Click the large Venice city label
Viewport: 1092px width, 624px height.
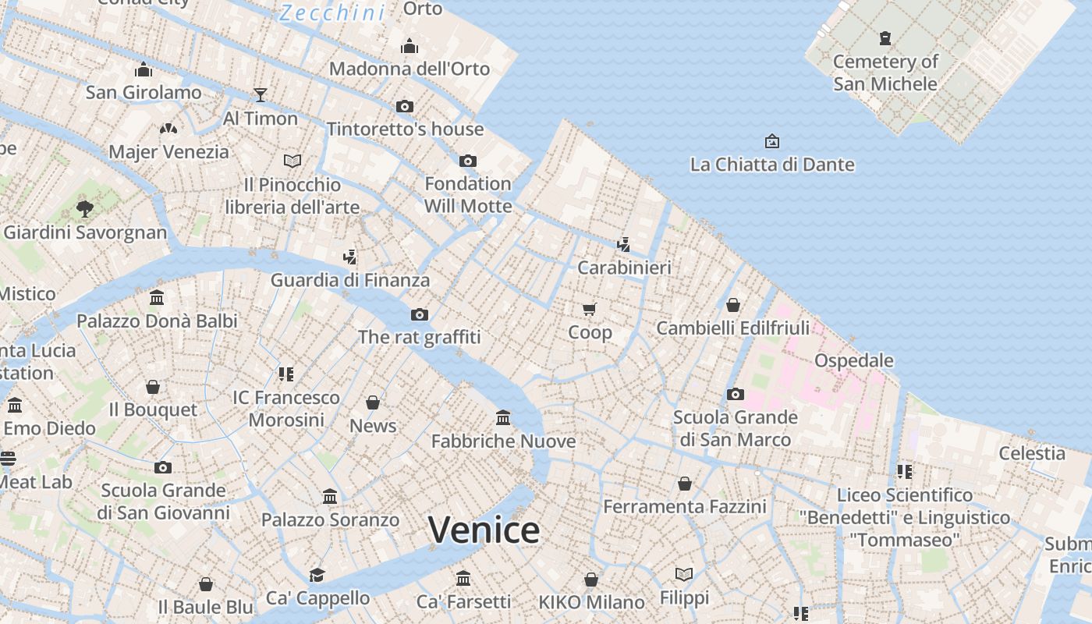(484, 530)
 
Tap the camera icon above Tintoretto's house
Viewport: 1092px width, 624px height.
(404, 106)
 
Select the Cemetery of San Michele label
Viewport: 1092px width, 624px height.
(885, 73)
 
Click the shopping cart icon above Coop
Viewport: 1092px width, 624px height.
(590, 309)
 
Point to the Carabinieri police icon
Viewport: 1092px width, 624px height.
(623, 244)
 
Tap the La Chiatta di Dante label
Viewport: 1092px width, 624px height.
(772, 165)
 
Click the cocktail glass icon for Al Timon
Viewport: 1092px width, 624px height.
(261, 95)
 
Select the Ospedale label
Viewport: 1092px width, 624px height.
(854, 360)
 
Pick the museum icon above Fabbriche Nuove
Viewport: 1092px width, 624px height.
(503, 418)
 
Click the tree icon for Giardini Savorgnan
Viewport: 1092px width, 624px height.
(85, 209)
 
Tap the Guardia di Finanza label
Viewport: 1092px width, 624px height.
(350, 280)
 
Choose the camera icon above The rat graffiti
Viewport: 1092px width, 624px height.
(420, 314)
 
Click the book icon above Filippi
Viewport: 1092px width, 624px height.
(684, 575)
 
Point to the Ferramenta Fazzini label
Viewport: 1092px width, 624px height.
(685, 507)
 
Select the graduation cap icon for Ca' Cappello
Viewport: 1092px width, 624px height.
(317, 575)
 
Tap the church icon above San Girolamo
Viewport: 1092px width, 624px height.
(143, 69)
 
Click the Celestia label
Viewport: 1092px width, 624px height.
(1032, 453)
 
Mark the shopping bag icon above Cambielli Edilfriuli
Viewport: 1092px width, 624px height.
(732, 305)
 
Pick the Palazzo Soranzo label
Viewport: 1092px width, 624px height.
(330, 519)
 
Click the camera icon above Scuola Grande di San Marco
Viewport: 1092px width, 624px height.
(735, 394)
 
